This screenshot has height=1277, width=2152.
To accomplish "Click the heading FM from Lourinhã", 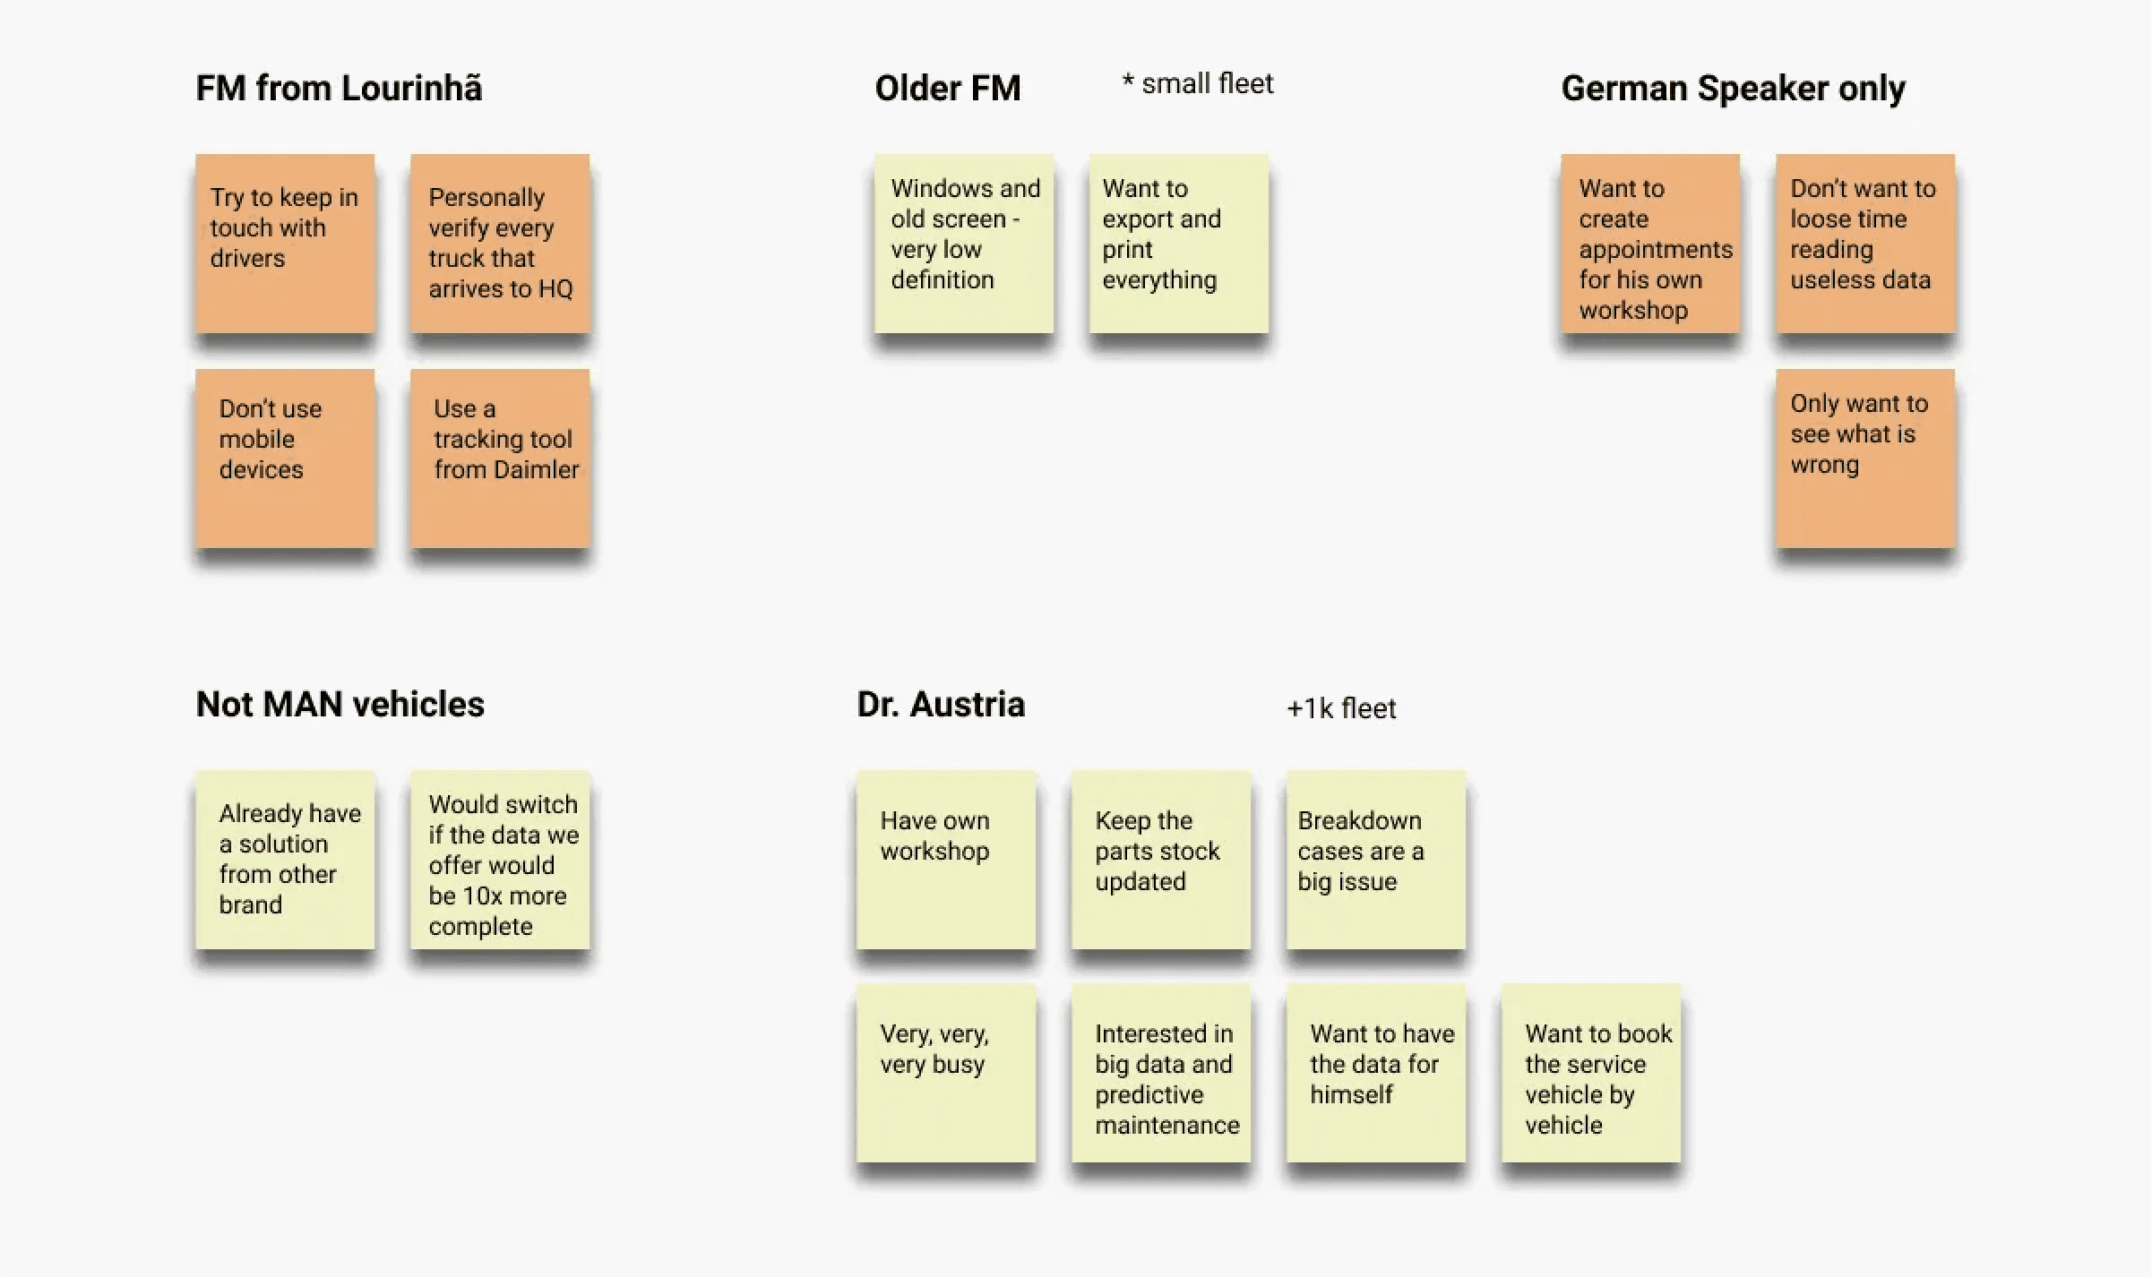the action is point(339,89).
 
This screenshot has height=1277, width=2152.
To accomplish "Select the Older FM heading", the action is point(947,89).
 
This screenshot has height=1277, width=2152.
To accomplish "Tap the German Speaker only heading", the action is point(1733,89).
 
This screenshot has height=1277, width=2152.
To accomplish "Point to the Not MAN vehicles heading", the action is point(340,705).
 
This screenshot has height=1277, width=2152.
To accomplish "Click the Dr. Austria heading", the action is point(940,705).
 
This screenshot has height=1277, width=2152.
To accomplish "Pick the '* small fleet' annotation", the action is point(1197,84).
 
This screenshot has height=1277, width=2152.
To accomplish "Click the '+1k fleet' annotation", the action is point(1340,708).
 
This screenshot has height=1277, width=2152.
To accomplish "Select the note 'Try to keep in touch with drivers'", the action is point(285,244).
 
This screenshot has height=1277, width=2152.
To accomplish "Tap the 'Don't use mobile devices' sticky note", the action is point(285,459).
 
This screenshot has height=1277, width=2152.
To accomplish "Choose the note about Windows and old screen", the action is point(964,244).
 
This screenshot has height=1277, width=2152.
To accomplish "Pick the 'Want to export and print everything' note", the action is point(1178,244).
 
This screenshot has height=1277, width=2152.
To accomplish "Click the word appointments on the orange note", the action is point(1655,250).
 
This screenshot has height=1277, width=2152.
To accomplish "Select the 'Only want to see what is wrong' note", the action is point(1864,459).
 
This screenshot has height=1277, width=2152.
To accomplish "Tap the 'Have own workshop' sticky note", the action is point(945,860).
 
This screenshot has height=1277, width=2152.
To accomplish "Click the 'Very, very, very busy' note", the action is point(945,1073).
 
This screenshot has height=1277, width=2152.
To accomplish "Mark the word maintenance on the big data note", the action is point(1166,1125).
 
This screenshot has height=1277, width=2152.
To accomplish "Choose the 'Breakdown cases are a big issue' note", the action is point(1375,860).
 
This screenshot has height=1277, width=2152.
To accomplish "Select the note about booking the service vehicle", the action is point(1590,1073).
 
